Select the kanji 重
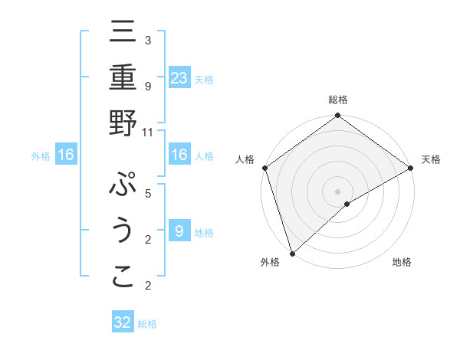point(123,79)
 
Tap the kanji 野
point(123,124)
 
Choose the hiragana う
point(123,231)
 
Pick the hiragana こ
point(123,277)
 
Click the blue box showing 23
point(179,78)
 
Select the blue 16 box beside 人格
point(179,155)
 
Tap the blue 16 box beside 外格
point(66,155)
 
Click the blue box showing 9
point(179,231)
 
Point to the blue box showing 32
point(123,322)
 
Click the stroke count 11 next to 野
point(148,132)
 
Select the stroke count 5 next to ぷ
point(148,193)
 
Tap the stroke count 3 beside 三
point(148,40)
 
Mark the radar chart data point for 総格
point(337,116)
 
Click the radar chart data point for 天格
point(410,168)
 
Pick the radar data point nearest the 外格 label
point(291,253)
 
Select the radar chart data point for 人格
point(264,168)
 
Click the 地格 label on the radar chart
point(402,263)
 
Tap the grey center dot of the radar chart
point(337,191)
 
